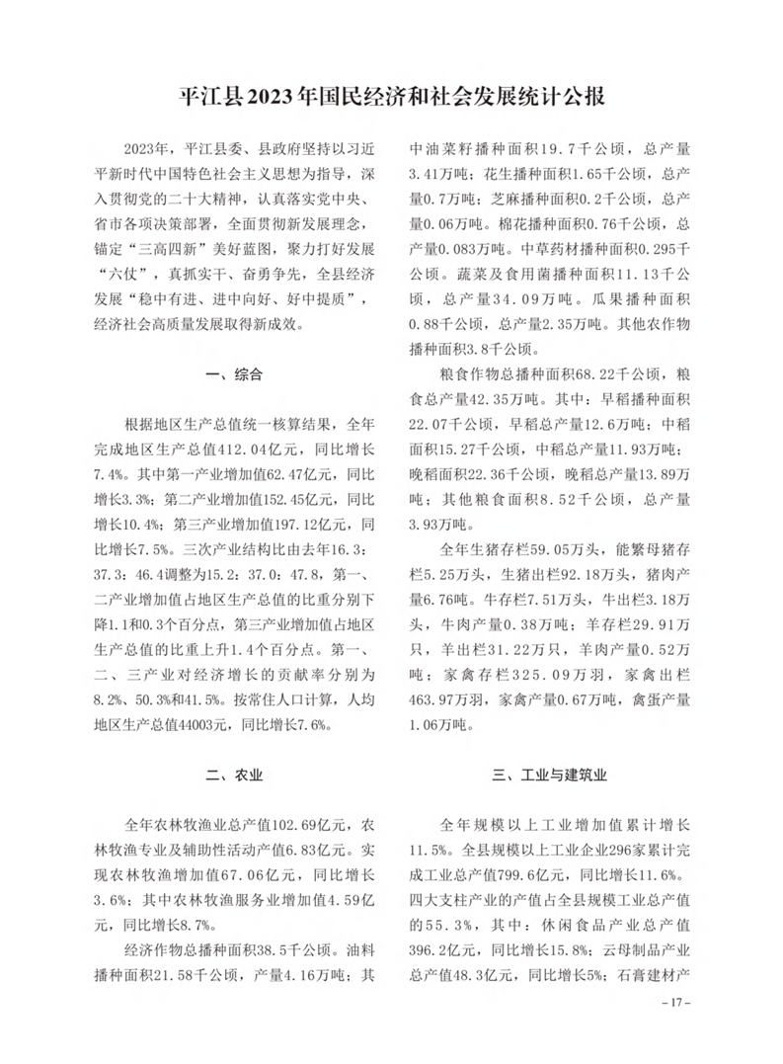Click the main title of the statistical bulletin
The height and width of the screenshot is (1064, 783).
[x=391, y=98]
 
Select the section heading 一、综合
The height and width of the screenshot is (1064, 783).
[x=233, y=374]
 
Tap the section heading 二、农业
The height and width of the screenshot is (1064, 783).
[x=233, y=775]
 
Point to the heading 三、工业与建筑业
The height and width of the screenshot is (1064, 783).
[x=551, y=775]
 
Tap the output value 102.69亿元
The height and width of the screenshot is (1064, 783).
[x=282, y=823]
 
